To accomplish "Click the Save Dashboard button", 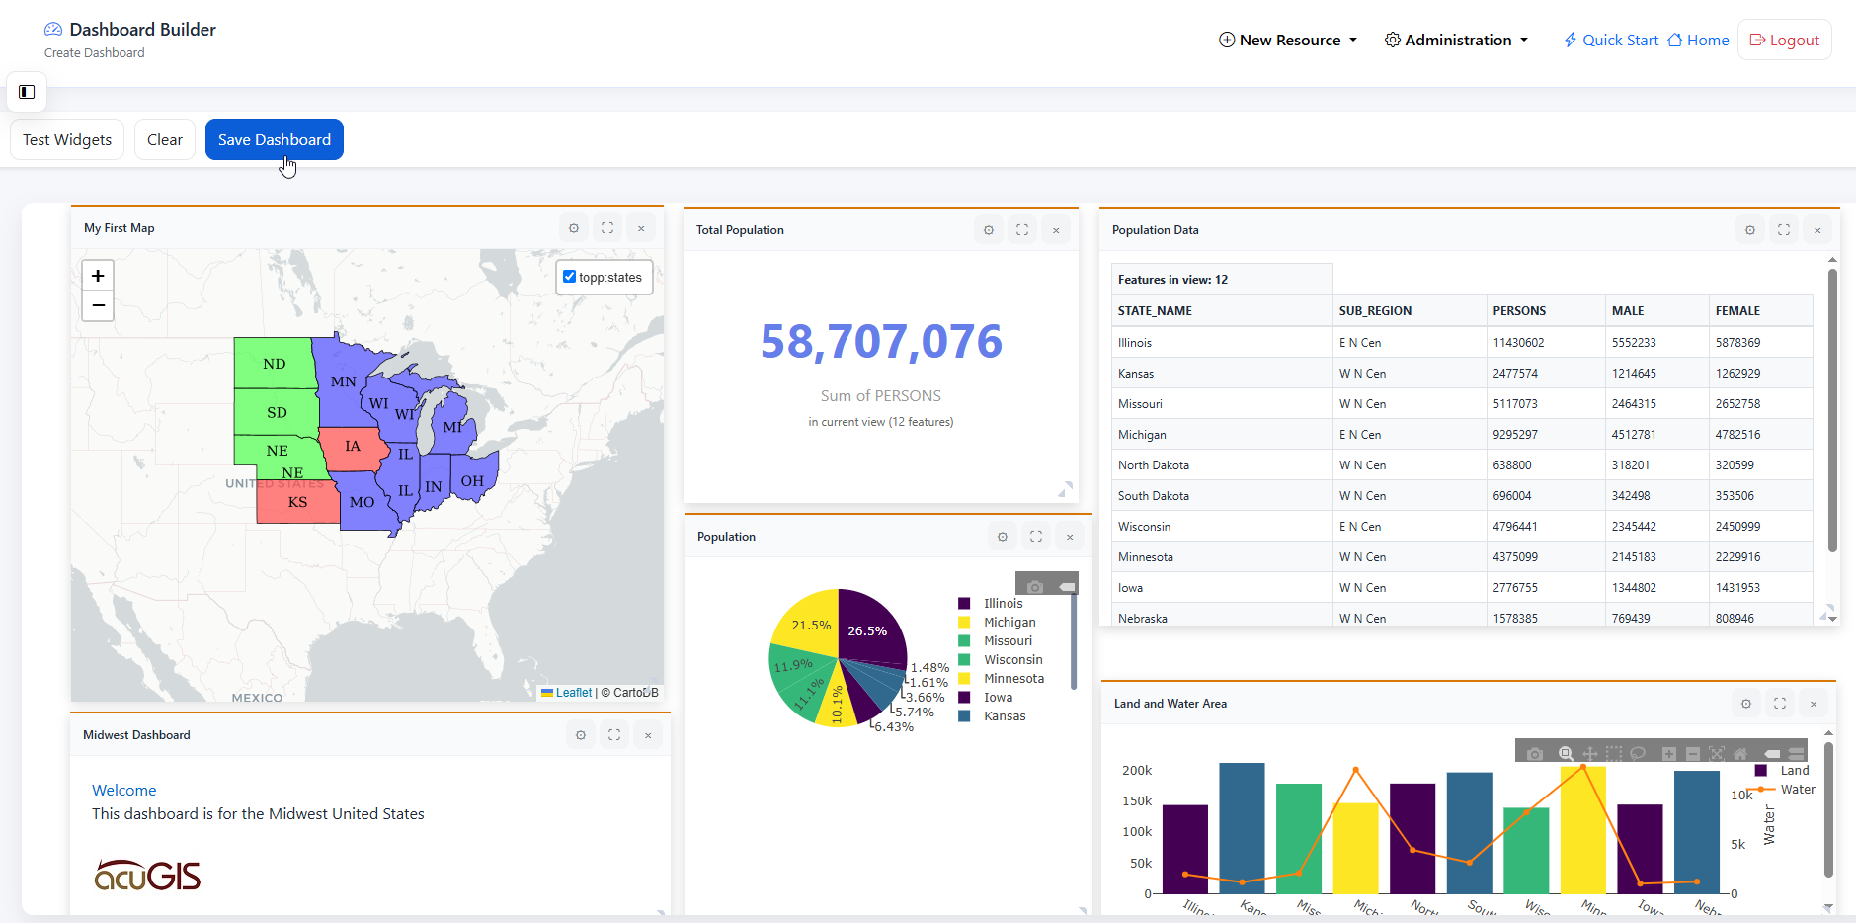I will click(274, 139).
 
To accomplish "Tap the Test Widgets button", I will click(67, 139).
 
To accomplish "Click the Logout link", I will click(1784, 41).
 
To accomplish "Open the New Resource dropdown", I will click(1288, 41).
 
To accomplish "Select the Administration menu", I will click(1456, 41).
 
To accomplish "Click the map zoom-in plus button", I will click(98, 276).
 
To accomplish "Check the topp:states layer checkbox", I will click(569, 277).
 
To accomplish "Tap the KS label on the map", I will click(297, 502).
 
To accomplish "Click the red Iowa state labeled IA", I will click(352, 447).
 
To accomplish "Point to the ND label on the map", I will click(274, 364).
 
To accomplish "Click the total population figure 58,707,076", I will click(880, 342).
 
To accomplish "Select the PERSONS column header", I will click(1518, 311).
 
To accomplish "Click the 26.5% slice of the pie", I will click(868, 629).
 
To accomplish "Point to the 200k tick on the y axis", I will click(1136, 771).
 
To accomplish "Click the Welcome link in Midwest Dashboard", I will click(123, 791).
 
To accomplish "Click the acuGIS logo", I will click(147, 875).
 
